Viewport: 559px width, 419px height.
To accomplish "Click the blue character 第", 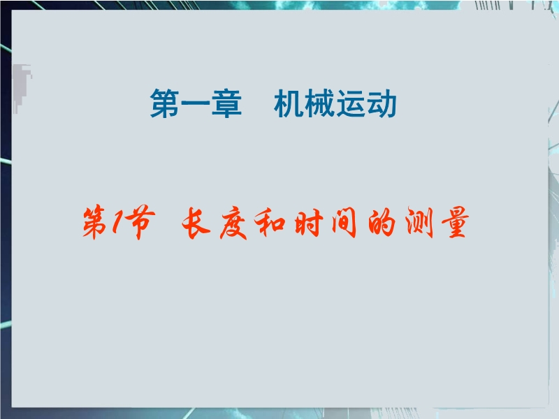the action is pos(165,103).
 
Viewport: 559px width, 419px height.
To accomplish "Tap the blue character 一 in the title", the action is pos(196,103).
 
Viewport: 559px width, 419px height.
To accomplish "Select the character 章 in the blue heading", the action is pos(226,103).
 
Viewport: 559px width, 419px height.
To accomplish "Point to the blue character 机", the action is pos(289,103).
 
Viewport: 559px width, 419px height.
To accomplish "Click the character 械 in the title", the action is pos(320,103).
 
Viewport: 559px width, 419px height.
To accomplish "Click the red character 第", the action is pos(95,221).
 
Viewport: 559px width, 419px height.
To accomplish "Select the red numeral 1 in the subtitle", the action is pos(117,221).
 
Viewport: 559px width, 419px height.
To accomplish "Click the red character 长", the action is pos(196,222).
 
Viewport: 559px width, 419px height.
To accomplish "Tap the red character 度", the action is pos(233,223).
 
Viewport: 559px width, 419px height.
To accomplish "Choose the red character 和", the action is pos(270,222).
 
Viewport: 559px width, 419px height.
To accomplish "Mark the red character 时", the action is pos(308,222).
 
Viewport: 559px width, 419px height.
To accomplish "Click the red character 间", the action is pos(344,222).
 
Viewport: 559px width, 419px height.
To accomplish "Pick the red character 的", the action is pos(382,222).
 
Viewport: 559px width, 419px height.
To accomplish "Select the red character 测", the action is pos(420,222).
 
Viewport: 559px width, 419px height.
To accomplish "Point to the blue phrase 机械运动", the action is pos(335,103).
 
